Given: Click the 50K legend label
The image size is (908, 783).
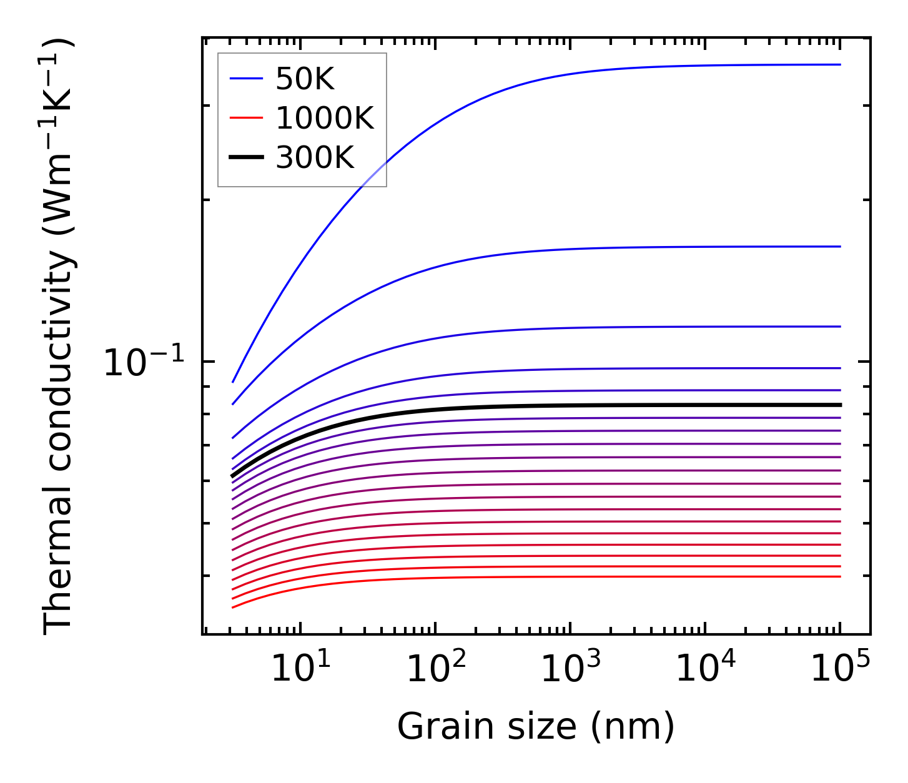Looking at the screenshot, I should (x=305, y=79).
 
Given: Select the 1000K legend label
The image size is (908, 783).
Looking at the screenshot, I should (x=324, y=118).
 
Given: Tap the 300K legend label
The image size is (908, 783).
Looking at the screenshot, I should (x=314, y=157).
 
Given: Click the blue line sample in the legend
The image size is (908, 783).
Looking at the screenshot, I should (x=247, y=79).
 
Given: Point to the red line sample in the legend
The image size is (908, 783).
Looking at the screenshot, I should (x=247, y=118).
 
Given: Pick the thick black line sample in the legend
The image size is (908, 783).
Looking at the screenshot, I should (x=247, y=157).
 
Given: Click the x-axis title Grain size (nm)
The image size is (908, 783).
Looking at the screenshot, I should (x=536, y=727).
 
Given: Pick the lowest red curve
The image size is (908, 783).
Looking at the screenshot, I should (x=562, y=577).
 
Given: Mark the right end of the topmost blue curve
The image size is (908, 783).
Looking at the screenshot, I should (x=840, y=64).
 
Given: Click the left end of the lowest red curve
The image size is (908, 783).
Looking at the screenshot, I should (x=233, y=607).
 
